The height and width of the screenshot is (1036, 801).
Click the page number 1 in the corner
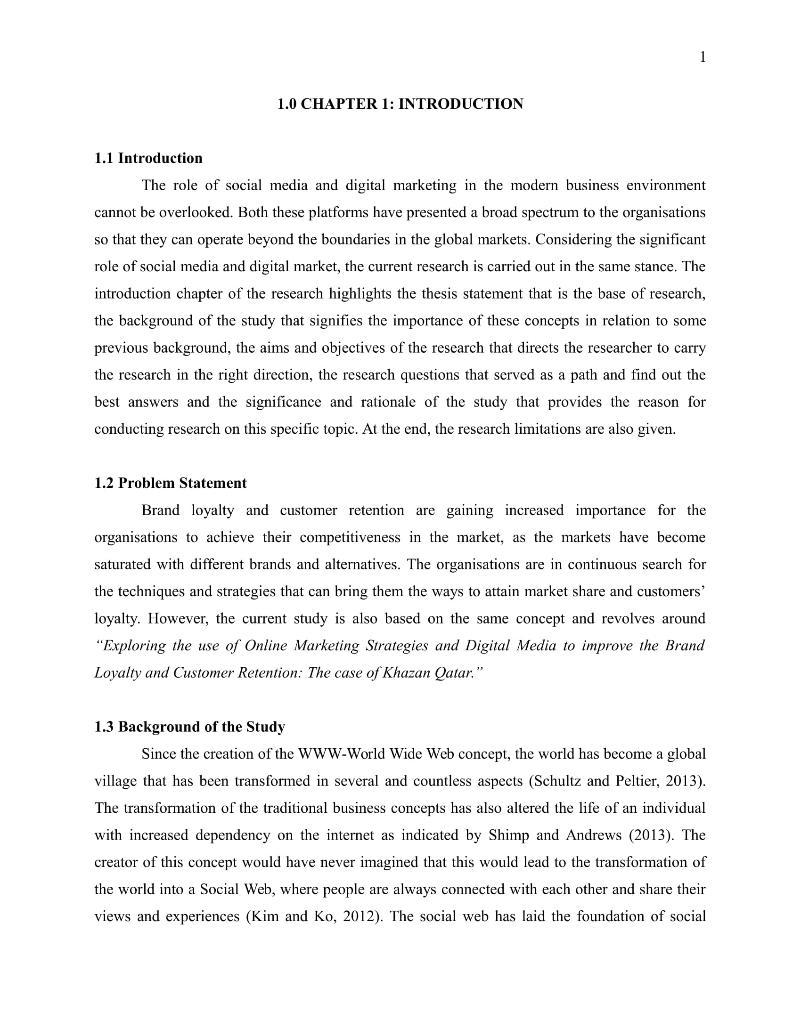pos(703,57)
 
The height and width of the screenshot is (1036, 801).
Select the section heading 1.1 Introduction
pos(148,158)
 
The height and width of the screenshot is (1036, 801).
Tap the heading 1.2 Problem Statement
pos(171,483)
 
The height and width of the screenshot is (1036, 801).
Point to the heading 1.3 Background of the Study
pos(189,727)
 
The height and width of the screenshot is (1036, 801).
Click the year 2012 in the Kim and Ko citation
pos(359,916)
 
